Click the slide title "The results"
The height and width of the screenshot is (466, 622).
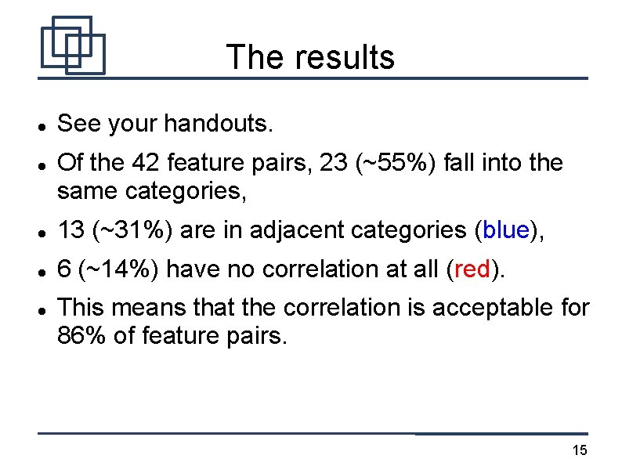pyautogui.click(x=310, y=57)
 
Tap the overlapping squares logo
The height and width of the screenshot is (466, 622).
pyautogui.click(x=72, y=45)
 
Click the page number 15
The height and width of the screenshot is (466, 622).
pyautogui.click(x=580, y=450)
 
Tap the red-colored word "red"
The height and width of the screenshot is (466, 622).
pyautogui.click(x=472, y=269)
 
